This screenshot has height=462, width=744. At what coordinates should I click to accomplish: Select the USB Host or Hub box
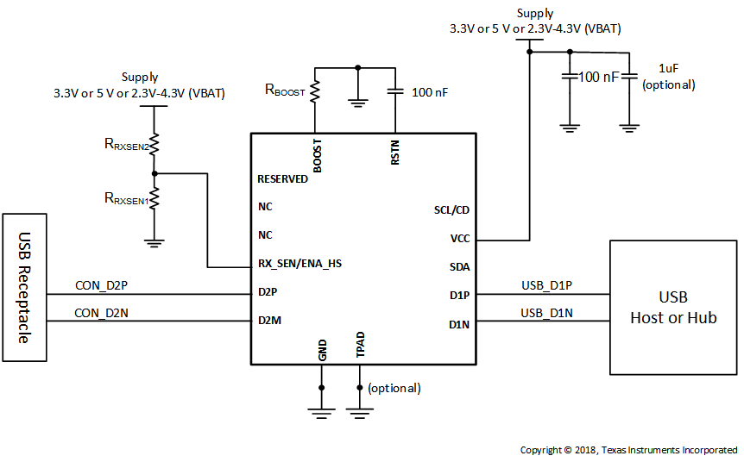673,307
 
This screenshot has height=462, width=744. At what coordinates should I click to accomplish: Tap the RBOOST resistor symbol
315,91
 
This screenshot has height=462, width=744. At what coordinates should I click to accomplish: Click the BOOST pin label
318,156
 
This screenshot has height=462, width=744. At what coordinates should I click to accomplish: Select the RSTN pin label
394,153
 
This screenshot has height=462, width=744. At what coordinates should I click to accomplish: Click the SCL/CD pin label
451,210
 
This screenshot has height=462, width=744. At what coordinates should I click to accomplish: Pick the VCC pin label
459,239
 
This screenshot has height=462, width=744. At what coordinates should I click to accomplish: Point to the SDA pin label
459,267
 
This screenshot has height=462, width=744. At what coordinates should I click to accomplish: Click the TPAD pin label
361,344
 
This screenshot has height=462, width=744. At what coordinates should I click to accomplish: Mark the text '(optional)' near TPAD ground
394,388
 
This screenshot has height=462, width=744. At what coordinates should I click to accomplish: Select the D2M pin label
269,321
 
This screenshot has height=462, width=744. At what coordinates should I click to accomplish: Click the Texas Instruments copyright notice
628,450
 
